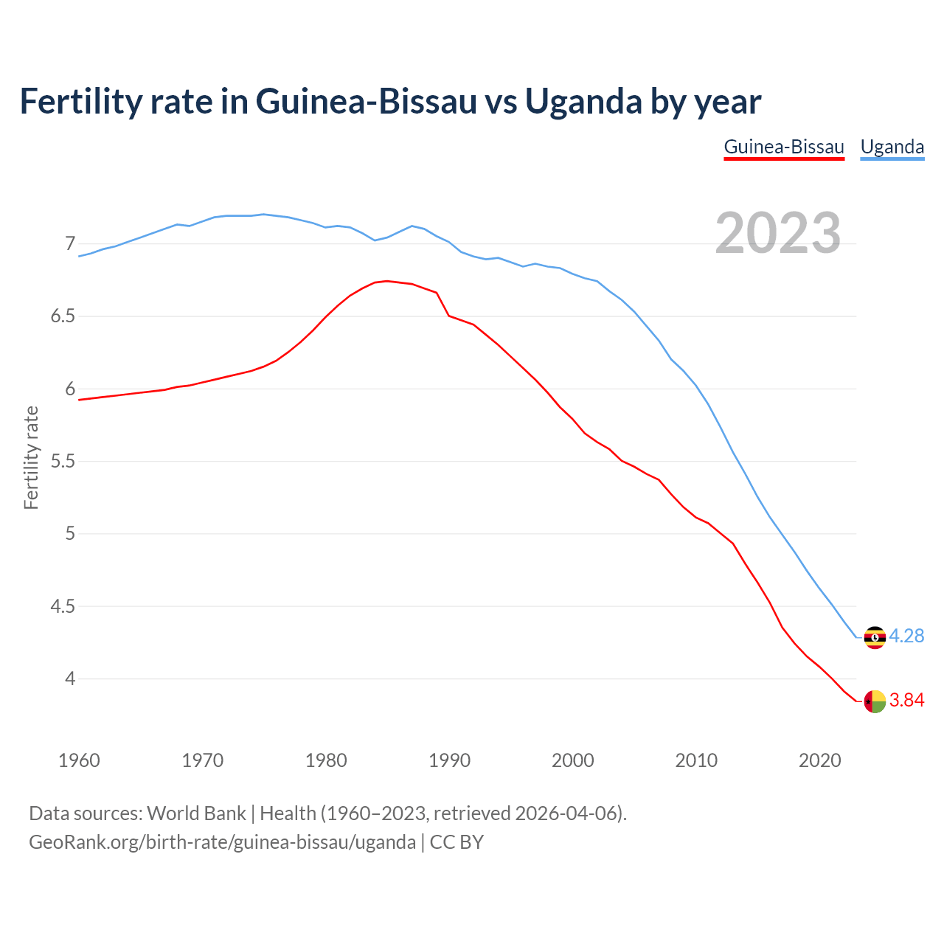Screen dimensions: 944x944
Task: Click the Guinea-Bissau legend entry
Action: pos(783,147)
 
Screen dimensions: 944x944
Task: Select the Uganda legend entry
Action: pos(892,147)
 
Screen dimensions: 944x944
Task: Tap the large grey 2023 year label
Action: pos(778,233)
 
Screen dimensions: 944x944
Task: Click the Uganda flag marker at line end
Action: pos(875,637)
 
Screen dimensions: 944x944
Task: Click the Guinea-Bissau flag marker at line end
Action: pos(875,701)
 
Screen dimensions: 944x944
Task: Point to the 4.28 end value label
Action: pos(906,636)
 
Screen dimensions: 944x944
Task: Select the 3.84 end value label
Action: pos(906,700)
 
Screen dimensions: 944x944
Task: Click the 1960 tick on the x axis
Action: pos(79,760)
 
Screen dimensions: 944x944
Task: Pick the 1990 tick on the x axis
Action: pos(449,760)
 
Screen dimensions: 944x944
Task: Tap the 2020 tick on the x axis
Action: pos(819,760)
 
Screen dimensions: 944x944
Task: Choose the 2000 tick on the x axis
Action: pos(572,760)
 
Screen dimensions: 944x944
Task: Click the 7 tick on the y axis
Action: pos(70,243)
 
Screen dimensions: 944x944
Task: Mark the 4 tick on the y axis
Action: pos(70,678)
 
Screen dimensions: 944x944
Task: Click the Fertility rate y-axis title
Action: pos(31,457)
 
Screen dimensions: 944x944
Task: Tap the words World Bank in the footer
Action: pos(196,813)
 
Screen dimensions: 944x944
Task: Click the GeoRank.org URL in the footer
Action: pos(222,842)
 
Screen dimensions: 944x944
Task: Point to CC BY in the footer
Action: pos(457,842)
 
